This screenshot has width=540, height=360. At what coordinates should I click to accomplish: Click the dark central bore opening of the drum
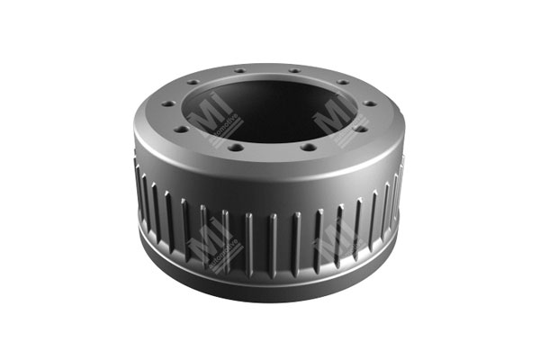click(x=267, y=103)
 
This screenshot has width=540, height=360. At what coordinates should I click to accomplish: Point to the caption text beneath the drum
click(x=269, y=337)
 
